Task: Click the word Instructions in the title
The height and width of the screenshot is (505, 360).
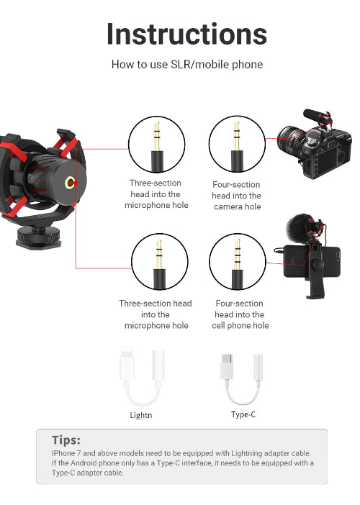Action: coord(186,34)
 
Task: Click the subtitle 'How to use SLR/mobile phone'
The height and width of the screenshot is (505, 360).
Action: coord(186,65)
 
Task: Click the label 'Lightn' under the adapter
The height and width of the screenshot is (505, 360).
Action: coord(142,415)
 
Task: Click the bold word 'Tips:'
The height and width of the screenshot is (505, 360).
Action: coord(66,440)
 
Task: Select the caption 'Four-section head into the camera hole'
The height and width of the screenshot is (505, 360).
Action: coord(237,196)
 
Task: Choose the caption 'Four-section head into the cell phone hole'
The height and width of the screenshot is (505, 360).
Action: coord(240,314)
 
